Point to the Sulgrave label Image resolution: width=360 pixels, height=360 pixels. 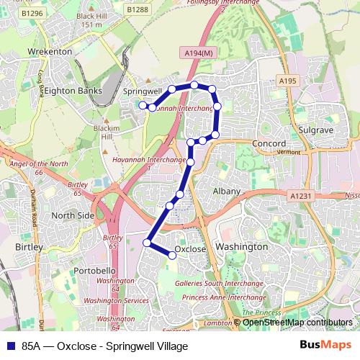point(314,130)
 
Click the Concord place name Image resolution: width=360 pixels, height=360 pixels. point(269,143)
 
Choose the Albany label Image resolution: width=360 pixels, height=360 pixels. point(227,191)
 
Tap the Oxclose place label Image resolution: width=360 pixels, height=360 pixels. point(191,249)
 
